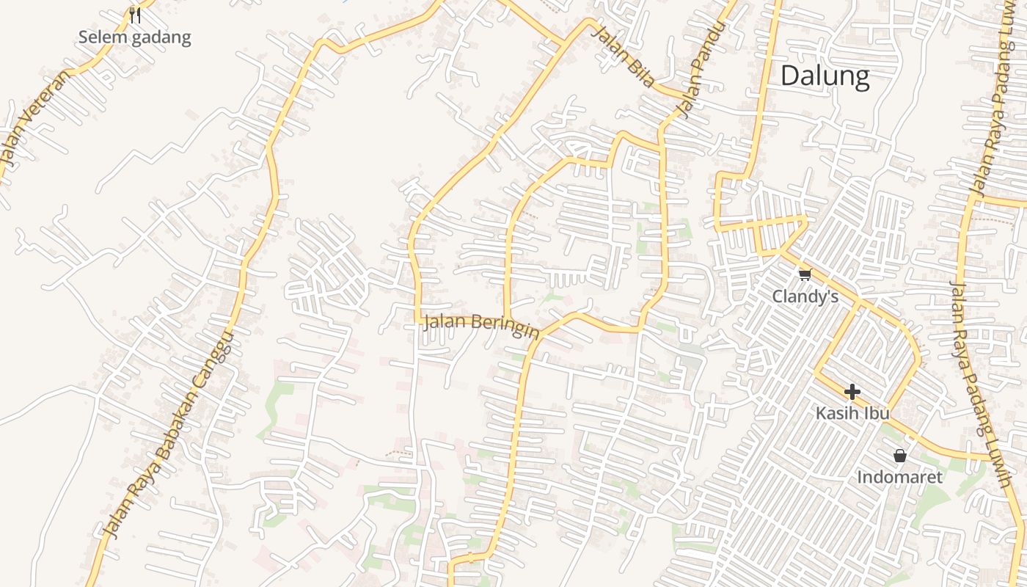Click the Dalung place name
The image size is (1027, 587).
pos(825,76)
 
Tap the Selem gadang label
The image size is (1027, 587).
pos(135,37)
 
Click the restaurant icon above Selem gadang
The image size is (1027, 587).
pos(135,14)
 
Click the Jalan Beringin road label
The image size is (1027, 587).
pos(481,325)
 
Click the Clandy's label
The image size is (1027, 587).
pos(805,296)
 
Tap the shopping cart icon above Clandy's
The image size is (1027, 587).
pos(805,275)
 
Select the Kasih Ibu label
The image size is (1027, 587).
pos(852,413)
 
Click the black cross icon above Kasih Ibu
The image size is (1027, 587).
pos(852,392)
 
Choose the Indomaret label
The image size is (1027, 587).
pos(899,477)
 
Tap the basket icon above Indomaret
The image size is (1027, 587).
pos(900,456)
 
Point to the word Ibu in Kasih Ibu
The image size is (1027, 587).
pos(877,413)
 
